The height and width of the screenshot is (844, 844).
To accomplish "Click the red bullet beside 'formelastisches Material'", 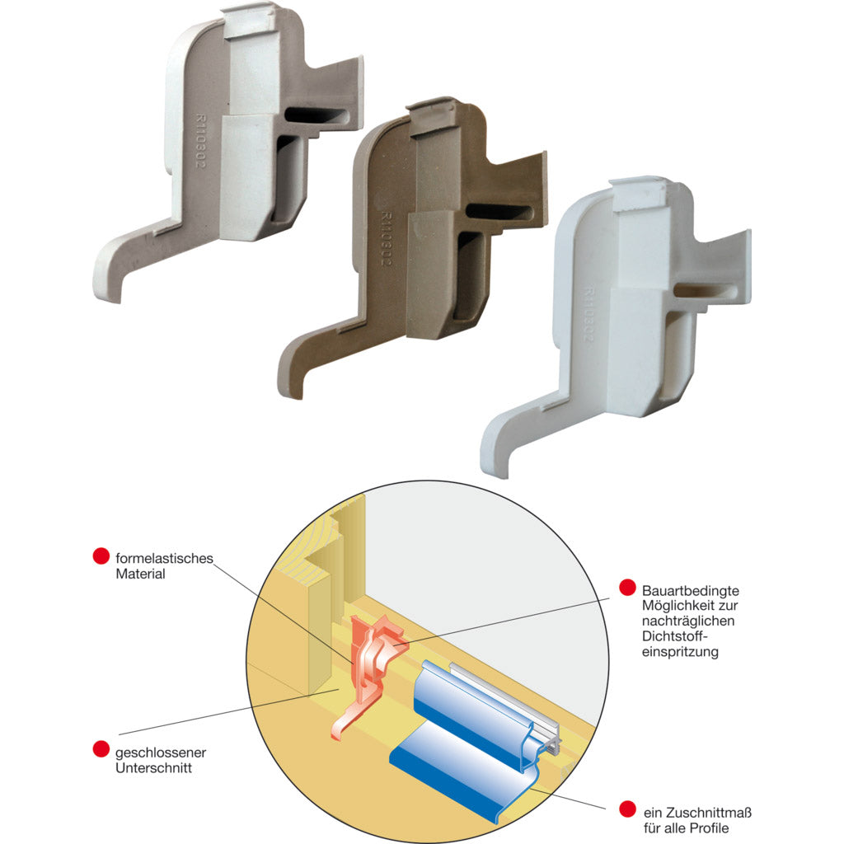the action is click(101, 556).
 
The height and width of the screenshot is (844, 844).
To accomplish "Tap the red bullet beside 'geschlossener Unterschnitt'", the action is click(101, 748).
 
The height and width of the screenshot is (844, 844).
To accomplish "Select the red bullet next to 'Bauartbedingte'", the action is click(627, 587).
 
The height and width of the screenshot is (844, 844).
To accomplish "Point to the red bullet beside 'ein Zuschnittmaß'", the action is click(627, 809).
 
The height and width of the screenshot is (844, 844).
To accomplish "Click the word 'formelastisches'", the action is click(165, 558).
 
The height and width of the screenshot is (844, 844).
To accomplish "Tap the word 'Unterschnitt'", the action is click(154, 767).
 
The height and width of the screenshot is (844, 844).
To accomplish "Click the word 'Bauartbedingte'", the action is click(691, 590).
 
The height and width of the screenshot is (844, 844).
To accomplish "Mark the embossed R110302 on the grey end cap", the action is click(200, 140).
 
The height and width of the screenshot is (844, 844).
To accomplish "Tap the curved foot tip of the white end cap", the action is click(495, 459).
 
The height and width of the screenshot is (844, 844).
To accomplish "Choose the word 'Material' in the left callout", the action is click(140, 574).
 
